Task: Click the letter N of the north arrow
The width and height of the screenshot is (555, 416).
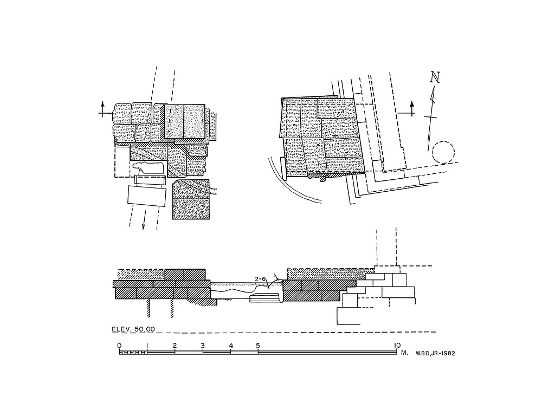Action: pyautogui.click(x=435, y=77)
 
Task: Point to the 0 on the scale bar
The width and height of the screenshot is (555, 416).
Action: pyautogui.click(x=119, y=345)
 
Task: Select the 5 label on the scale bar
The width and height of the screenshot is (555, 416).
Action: pyautogui.click(x=258, y=345)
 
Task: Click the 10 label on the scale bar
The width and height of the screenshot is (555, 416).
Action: pyautogui.click(x=397, y=345)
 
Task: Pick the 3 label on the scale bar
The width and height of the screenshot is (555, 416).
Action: pyautogui.click(x=202, y=345)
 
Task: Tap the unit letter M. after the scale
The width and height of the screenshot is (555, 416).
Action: pyautogui.click(x=404, y=353)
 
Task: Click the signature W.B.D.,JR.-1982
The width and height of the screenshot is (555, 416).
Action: pyautogui.click(x=435, y=353)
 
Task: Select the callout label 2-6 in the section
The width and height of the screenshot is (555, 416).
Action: pyautogui.click(x=260, y=279)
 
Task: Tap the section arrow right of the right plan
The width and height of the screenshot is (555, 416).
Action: pyautogui.click(x=411, y=108)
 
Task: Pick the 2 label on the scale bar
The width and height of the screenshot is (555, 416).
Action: pyautogui.click(x=175, y=345)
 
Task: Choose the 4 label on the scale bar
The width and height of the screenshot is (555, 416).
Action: pyautogui.click(x=231, y=345)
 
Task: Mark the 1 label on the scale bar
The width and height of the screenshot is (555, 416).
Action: pyautogui.click(x=147, y=345)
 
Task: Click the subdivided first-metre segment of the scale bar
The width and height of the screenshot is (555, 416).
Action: pyautogui.click(x=133, y=353)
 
